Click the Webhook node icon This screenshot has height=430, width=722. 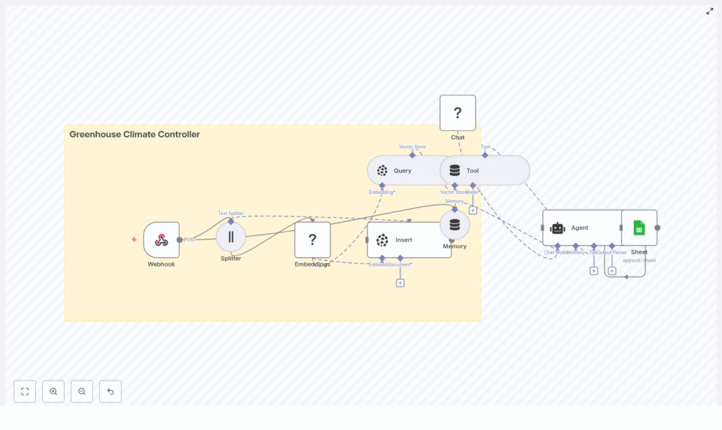coord(161,240)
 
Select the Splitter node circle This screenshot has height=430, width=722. coord(231,237)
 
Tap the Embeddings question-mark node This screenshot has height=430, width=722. coord(312,240)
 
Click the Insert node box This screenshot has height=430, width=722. coord(409,240)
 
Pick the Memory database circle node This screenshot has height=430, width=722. coord(455,225)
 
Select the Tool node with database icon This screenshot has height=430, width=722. coord(484,171)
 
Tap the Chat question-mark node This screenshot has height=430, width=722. coord(458,113)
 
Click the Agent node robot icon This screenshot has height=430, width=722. coord(558,228)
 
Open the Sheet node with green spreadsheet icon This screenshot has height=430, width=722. coord(639,228)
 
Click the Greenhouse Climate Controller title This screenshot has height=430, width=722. coord(134,135)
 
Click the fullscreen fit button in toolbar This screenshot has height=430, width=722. coord(25,391)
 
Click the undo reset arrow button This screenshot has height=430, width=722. coord(110,391)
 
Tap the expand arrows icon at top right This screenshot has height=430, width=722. coord(710,11)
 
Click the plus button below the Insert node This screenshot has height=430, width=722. coord(400,283)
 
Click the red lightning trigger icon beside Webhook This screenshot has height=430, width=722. coord(134,240)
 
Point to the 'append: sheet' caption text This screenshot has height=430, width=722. coord(639,260)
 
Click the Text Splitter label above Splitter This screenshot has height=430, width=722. coord(231,213)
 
